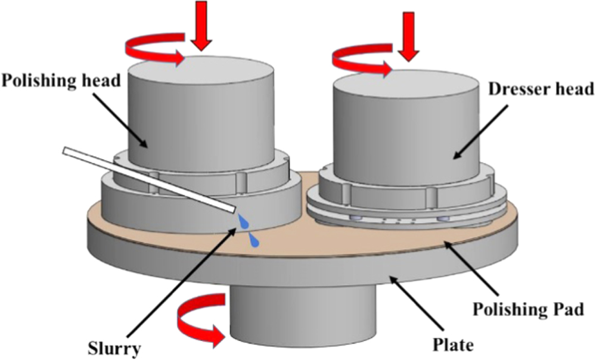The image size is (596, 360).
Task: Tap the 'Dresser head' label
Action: pos(541,89)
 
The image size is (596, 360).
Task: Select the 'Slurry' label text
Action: pos(111,347)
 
